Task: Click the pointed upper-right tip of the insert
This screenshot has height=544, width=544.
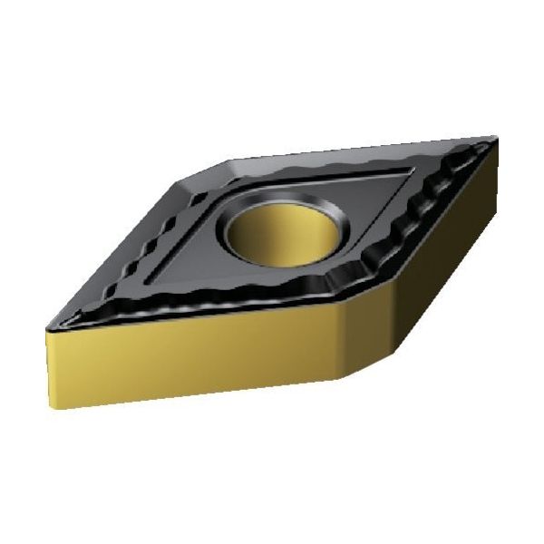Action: pos(495,138)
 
